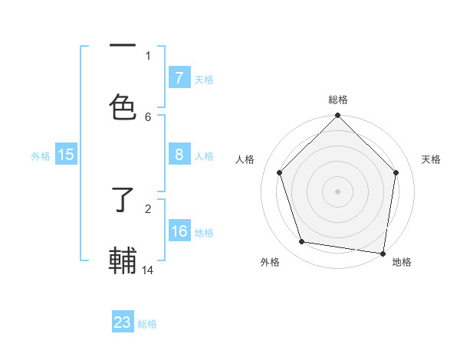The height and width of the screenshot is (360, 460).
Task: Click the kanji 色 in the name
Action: [x=123, y=106]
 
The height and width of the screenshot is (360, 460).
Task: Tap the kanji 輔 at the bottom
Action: [x=123, y=260]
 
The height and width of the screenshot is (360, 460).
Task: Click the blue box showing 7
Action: [x=179, y=77]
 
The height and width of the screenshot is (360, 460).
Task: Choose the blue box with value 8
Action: [x=179, y=155]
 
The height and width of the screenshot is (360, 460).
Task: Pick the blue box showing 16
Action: [x=179, y=231]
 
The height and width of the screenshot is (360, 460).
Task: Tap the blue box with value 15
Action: [x=66, y=155]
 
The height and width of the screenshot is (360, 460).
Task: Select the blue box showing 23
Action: [x=123, y=322]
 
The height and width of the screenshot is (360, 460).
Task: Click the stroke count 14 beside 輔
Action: [x=148, y=270]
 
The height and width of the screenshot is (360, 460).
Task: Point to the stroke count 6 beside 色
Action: [x=148, y=116]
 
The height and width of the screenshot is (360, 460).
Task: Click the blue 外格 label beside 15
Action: [x=41, y=155]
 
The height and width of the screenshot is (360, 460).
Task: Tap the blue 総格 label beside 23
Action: [x=147, y=324]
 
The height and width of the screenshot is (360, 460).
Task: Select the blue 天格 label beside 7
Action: [x=203, y=79]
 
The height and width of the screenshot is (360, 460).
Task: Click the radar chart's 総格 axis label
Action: [x=337, y=100]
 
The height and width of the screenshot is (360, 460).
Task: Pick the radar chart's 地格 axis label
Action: [x=402, y=262]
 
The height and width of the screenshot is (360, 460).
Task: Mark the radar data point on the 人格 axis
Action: [x=279, y=172]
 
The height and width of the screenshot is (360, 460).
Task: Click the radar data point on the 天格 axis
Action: [x=396, y=172]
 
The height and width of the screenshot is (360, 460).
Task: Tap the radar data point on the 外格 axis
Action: [x=302, y=242]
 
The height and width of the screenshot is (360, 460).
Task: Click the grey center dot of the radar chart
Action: [x=337, y=191]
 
